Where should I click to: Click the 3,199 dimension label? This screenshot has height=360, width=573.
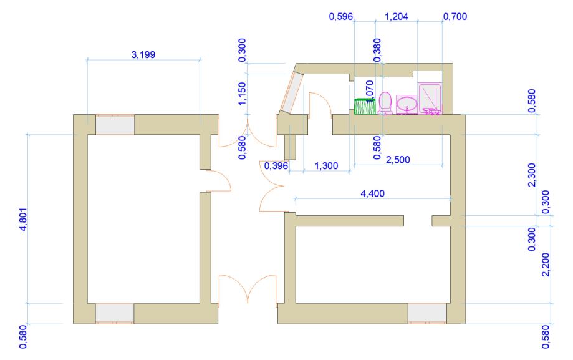click(x=143, y=55)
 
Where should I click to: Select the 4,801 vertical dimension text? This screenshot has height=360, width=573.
click(x=23, y=220)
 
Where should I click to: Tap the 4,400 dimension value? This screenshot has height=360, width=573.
click(x=372, y=193)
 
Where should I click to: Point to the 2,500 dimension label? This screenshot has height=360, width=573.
click(x=398, y=160)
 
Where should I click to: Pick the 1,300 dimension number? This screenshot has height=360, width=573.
click(x=326, y=166)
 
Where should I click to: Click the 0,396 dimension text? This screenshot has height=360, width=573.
click(x=276, y=166)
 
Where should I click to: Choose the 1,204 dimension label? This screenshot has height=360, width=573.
click(x=397, y=16)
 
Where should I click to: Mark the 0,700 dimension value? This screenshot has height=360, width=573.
click(x=455, y=16)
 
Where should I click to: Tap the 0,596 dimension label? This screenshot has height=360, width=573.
click(x=341, y=16)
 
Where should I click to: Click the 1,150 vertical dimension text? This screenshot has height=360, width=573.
click(x=242, y=94)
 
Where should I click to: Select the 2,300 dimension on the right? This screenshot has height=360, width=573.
click(x=532, y=175)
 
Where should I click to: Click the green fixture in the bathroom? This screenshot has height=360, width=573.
click(x=365, y=106)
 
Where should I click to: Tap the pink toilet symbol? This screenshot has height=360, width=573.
click(x=385, y=102)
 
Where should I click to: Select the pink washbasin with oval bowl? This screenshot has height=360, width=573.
click(x=407, y=105)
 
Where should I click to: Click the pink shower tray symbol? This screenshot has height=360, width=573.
click(x=430, y=99)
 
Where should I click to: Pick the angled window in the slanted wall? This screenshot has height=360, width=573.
click(x=292, y=92)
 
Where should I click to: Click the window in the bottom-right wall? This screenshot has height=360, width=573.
click(x=427, y=314)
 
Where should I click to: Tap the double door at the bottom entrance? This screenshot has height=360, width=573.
click(x=248, y=289)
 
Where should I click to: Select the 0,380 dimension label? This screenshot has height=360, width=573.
click(x=377, y=50)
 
